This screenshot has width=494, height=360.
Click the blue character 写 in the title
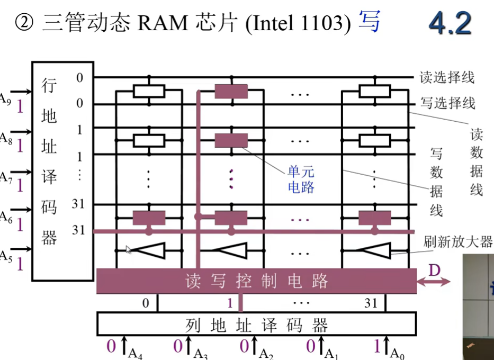[x=369, y=23]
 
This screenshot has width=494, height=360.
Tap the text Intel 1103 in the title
[x=299, y=24]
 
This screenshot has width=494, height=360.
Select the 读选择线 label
[x=447, y=77]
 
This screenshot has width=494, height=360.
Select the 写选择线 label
[x=447, y=102]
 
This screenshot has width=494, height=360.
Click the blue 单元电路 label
[x=301, y=179]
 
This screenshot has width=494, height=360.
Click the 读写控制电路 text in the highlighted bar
[x=257, y=281]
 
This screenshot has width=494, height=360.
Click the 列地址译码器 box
[x=256, y=324]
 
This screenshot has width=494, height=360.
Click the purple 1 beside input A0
[x=376, y=347]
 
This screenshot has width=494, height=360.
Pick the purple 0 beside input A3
[x=178, y=347]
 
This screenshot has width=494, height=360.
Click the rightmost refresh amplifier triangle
[x=375, y=250]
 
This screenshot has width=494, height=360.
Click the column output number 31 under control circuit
[x=371, y=303]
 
